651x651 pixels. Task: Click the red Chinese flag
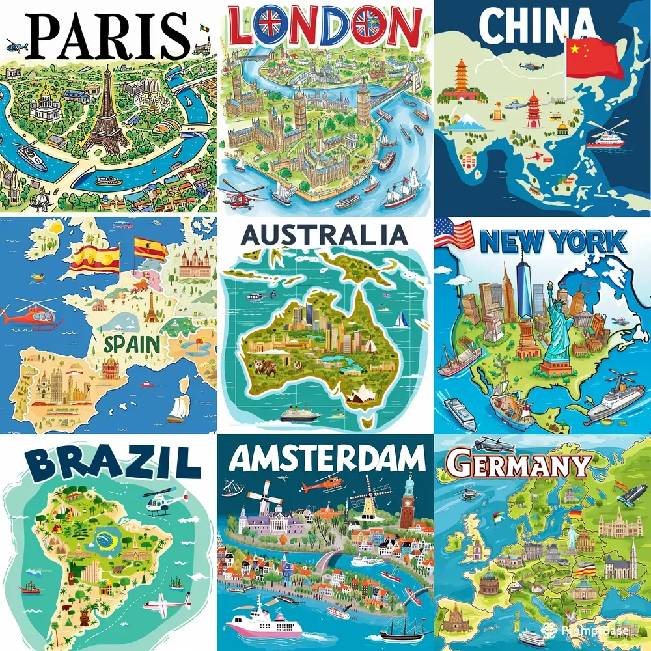[594, 57]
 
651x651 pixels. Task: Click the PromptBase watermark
[589, 630]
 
